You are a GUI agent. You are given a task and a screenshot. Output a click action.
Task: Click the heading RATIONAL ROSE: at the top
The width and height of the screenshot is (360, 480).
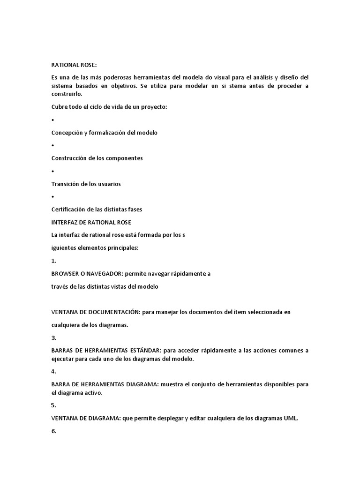tap(74, 65)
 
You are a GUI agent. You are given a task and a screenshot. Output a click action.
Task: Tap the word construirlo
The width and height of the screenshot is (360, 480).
tap(67, 94)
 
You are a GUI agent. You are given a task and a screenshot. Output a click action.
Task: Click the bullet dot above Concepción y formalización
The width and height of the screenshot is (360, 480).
tap(52, 120)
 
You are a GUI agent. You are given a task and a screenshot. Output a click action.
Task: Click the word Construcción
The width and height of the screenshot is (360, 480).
tap(68, 158)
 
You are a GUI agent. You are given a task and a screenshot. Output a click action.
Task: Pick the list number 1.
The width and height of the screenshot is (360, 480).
tap(53, 261)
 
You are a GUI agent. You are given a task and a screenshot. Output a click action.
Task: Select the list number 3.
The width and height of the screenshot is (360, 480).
tap(53, 337)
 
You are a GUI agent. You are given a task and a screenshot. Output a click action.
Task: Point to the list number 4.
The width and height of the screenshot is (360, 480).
tap(53, 372)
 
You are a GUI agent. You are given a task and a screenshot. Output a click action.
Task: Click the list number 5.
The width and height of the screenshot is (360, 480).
tap(53, 405)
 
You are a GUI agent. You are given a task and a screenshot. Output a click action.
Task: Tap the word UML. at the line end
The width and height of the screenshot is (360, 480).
tap(291, 419)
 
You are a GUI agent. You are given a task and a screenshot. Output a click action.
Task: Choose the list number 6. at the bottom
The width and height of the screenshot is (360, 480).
tap(53, 431)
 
